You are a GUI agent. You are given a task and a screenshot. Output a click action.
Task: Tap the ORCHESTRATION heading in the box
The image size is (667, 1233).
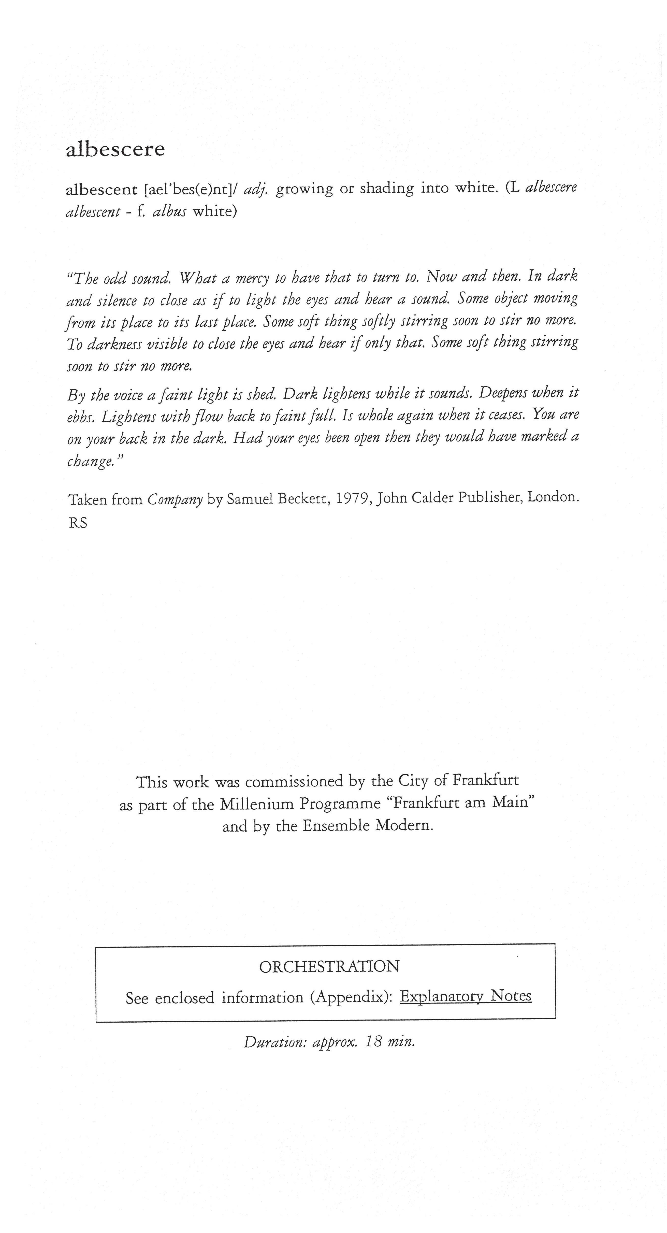[329, 966]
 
